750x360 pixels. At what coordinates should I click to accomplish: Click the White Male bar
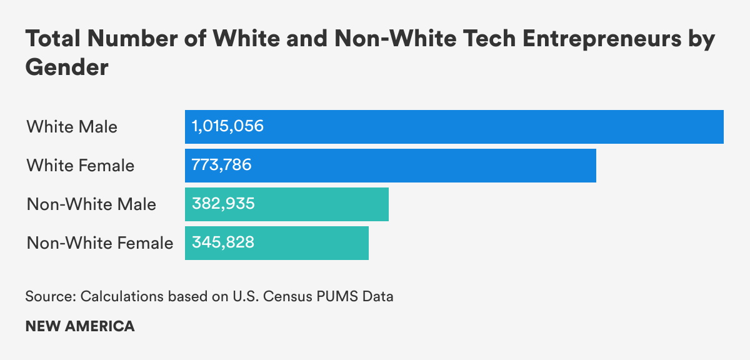click(454, 127)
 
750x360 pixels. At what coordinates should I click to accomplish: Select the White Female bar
click(390, 166)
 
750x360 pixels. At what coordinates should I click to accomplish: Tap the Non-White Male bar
click(286, 204)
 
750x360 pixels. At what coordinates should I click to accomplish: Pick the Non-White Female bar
click(276, 243)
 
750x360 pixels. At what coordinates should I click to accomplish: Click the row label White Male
click(72, 127)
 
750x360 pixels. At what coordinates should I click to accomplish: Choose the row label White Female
click(80, 166)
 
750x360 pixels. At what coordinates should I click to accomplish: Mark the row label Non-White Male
click(91, 204)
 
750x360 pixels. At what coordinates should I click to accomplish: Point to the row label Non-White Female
click(100, 243)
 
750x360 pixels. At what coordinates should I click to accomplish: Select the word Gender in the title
click(67, 67)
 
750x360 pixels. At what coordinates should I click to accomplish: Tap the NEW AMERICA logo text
click(80, 326)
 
